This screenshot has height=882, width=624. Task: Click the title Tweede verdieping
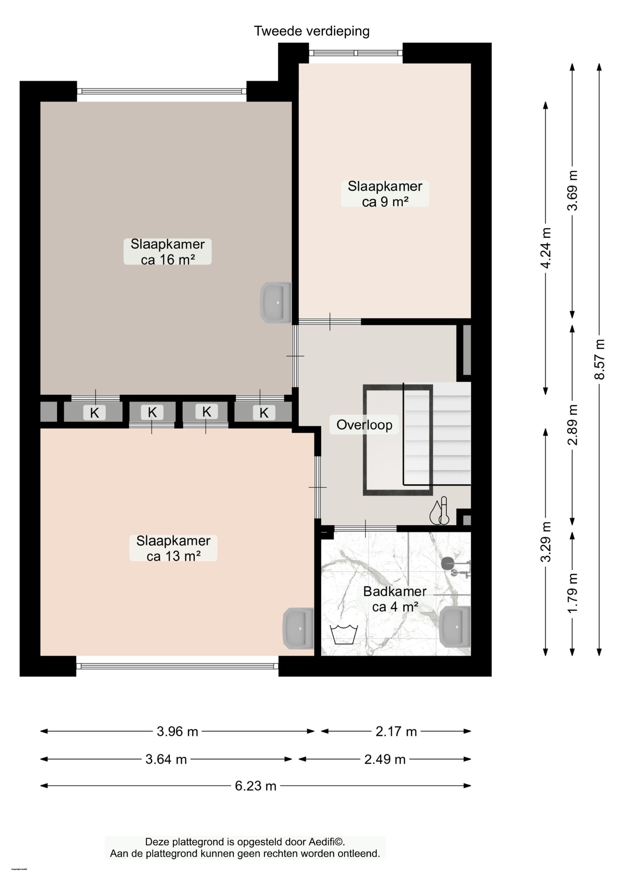[312, 31]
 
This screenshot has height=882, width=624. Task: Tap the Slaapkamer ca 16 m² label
[167, 251]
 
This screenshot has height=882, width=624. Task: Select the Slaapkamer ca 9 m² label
[385, 194]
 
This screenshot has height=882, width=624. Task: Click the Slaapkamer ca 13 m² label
[173, 548]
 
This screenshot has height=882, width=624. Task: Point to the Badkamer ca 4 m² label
[394, 599]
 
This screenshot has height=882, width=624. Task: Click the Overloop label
[364, 425]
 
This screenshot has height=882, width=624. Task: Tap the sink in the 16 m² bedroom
[275, 302]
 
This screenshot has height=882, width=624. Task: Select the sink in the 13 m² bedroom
[298, 628]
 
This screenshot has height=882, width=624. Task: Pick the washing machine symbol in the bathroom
[344, 635]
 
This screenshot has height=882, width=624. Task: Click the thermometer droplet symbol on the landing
[439, 511]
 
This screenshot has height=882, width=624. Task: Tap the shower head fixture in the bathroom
[448, 563]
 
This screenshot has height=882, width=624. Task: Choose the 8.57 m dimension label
[599, 359]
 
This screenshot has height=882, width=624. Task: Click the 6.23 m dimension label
[256, 786]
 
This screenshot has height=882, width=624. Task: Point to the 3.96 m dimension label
[177, 732]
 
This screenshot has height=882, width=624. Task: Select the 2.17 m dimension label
[396, 732]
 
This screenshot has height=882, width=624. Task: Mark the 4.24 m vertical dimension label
[546, 248]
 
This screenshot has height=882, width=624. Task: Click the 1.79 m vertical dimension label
[573, 593]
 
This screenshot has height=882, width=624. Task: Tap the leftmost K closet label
[94, 413]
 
